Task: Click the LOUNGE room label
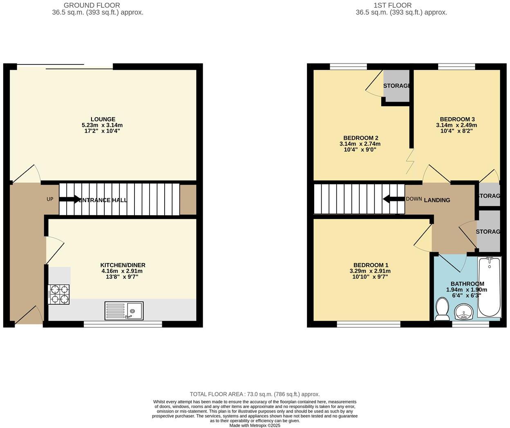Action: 103,119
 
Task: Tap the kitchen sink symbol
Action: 124,311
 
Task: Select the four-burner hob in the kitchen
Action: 59,294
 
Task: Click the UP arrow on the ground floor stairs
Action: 70,199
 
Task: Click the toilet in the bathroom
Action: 442,309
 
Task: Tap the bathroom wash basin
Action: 464,312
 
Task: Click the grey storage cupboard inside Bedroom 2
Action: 396,86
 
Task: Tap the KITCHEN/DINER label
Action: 123,265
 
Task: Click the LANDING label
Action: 437,200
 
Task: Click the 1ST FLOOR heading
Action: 392,5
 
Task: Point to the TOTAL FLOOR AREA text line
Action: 255,394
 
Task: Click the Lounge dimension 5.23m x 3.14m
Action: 102,125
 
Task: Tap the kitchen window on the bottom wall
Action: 123,324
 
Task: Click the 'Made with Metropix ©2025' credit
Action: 255,425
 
